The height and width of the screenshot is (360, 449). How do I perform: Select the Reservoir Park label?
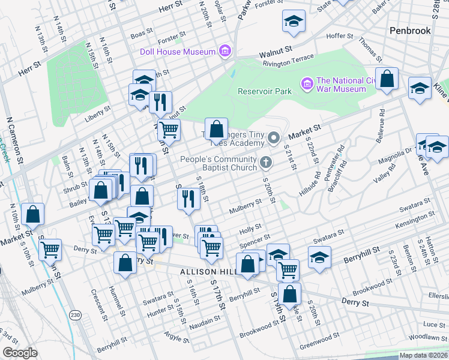tap(264, 92)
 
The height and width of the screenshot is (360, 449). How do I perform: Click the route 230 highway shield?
tap(75, 315)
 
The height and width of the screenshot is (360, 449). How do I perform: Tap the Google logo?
tap(20, 353)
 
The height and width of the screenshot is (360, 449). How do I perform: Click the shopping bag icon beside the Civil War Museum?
tap(387, 80)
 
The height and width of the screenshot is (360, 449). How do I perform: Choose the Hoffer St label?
tap(340, 36)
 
